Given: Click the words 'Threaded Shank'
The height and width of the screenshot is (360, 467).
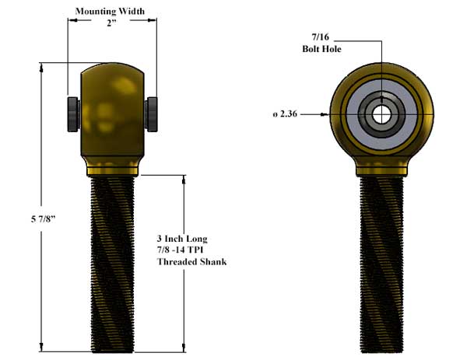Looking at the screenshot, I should [x=191, y=262].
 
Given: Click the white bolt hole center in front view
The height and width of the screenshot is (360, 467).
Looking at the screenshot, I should [x=381, y=114].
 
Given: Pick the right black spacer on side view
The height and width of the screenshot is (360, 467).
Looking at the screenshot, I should [x=153, y=113].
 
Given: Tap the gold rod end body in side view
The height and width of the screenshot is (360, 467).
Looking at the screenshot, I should [x=113, y=109].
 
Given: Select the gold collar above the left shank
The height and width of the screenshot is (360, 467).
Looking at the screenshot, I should [x=113, y=168].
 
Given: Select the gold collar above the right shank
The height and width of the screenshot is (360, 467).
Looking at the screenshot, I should [x=381, y=168].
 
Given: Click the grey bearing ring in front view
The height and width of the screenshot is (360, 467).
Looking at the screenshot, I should [x=360, y=114].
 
